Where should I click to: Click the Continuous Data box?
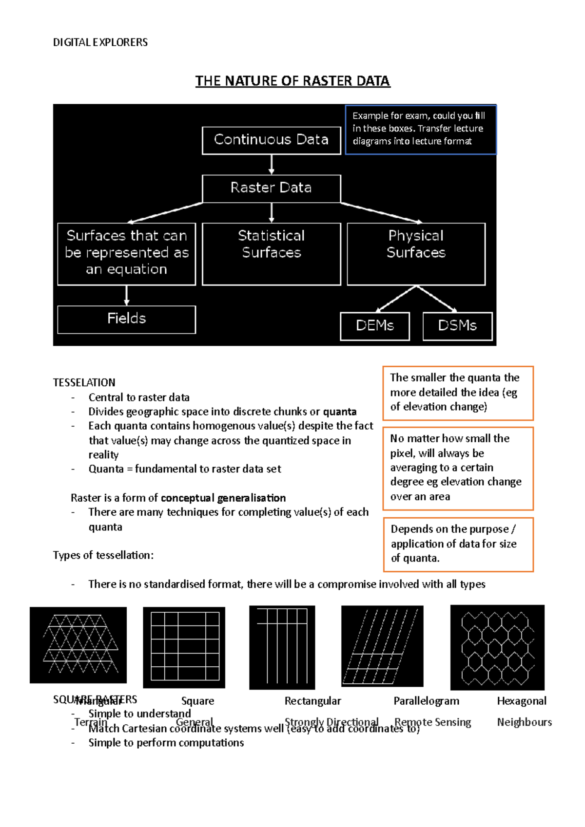click(271, 140)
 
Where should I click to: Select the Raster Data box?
click(271, 188)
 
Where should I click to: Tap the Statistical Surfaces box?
click(271, 253)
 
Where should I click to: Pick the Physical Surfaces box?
click(416, 253)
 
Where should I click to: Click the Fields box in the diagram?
click(126, 319)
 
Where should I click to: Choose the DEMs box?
click(374, 326)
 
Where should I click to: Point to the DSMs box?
click(457, 326)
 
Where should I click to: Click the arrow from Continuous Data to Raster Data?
click(272, 165)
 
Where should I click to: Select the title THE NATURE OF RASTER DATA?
click(292, 81)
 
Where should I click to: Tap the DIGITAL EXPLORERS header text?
click(100, 42)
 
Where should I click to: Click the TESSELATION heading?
click(84, 382)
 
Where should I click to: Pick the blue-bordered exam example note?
click(420, 129)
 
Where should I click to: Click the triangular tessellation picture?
click(78, 645)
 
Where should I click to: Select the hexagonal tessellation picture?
click(497, 647)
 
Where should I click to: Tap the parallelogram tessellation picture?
click(382, 646)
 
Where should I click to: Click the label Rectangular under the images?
click(312, 701)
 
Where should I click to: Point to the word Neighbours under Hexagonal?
click(524, 722)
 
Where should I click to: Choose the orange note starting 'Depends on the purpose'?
click(458, 544)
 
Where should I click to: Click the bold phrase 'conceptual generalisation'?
click(223, 498)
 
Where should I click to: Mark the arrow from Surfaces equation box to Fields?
click(127, 295)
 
